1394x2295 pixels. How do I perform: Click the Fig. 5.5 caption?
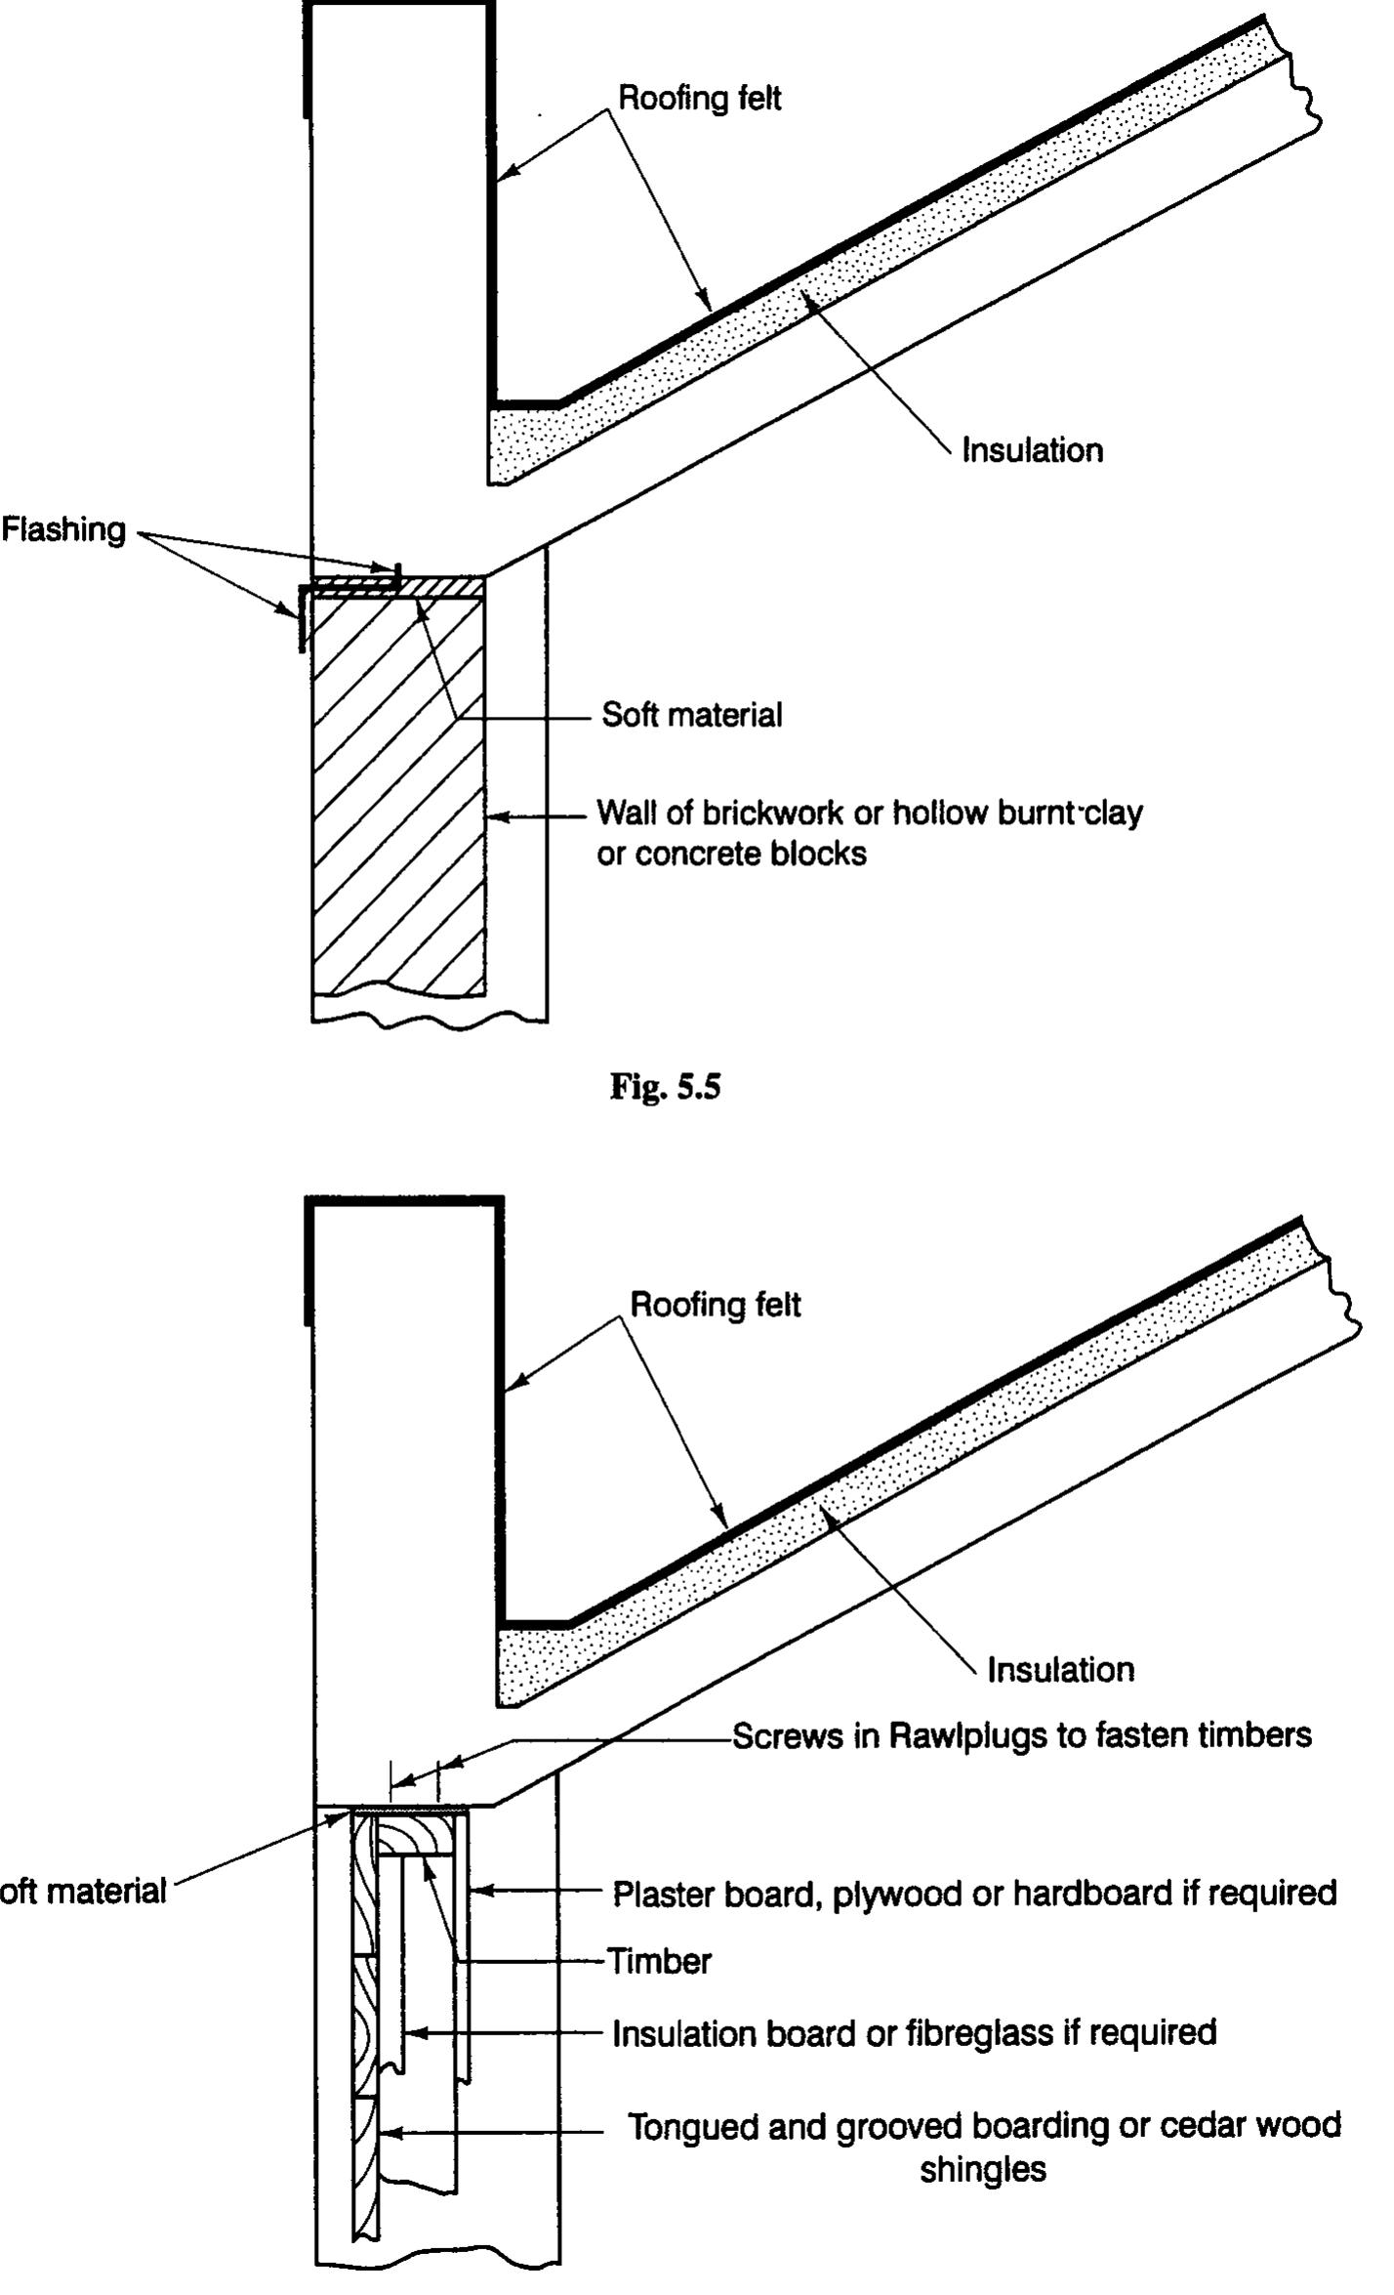(x=665, y=1086)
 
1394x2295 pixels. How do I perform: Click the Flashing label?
(x=63, y=530)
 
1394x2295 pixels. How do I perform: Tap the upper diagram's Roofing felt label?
(x=700, y=99)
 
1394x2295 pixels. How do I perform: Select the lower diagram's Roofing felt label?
(x=715, y=1305)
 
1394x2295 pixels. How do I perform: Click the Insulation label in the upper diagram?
(x=1032, y=450)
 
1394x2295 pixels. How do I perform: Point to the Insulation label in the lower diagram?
(x=1060, y=1669)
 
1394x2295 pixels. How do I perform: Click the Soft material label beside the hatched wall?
(x=691, y=715)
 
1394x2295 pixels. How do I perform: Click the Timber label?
(x=659, y=1961)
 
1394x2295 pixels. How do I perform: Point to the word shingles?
(x=982, y=2170)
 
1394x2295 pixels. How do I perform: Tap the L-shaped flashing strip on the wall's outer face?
(x=303, y=615)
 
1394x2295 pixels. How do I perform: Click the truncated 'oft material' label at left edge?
(x=83, y=1891)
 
